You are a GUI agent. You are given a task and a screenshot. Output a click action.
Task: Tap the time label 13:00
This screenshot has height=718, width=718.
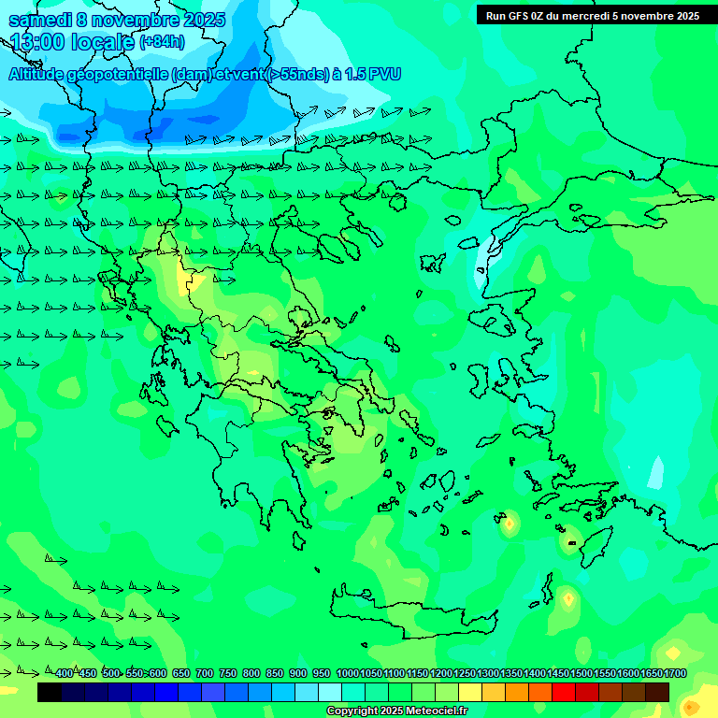tap(42, 42)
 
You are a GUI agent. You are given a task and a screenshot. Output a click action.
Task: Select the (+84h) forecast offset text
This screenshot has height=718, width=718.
tap(162, 42)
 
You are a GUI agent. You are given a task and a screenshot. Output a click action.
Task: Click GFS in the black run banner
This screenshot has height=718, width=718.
tap(524, 16)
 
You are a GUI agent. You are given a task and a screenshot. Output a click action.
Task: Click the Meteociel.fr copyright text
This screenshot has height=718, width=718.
tap(396, 711)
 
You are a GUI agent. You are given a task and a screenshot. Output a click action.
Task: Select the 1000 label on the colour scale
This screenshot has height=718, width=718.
tap(347, 673)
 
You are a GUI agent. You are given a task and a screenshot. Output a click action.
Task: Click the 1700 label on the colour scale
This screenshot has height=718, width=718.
tap(674, 673)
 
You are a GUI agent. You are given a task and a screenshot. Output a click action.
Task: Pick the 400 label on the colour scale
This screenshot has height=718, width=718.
tap(64, 673)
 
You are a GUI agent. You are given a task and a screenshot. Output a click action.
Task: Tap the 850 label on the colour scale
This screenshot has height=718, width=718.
tap(274, 673)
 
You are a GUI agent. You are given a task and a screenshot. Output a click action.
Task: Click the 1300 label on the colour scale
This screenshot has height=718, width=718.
tap(488, 673)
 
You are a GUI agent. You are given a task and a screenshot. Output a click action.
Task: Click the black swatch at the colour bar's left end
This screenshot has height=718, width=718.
tap(50, 692)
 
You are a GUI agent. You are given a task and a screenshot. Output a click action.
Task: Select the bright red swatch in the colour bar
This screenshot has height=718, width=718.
tap(564, 692)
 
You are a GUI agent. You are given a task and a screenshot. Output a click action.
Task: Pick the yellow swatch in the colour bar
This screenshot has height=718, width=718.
tap(470, 692)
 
